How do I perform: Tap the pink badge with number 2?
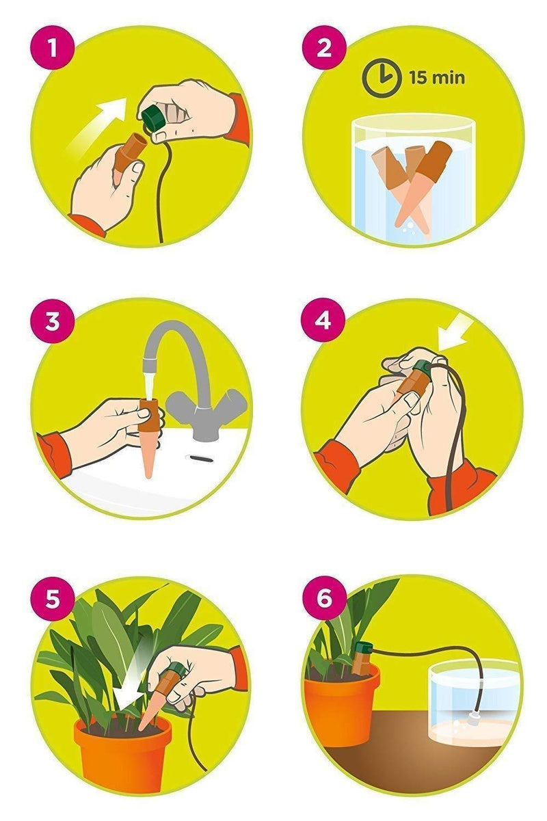323,49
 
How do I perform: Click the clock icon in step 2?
380,77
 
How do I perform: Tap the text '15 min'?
437,78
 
